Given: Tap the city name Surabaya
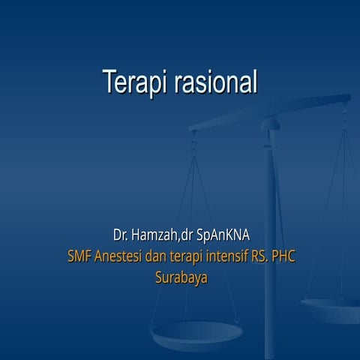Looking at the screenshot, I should [x=181, y=277].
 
